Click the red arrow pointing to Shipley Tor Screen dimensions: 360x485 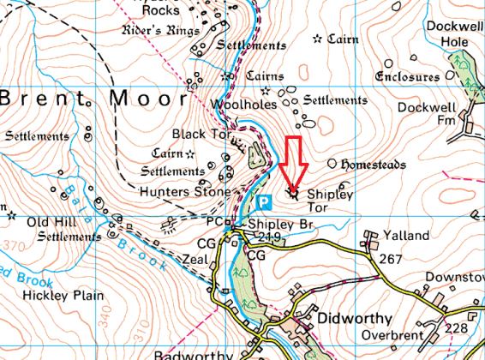coord(294,163)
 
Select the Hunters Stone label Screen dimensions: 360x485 coord(185,191)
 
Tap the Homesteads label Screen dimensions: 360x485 coord(373,164)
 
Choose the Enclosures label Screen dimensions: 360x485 coord(408,77)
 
